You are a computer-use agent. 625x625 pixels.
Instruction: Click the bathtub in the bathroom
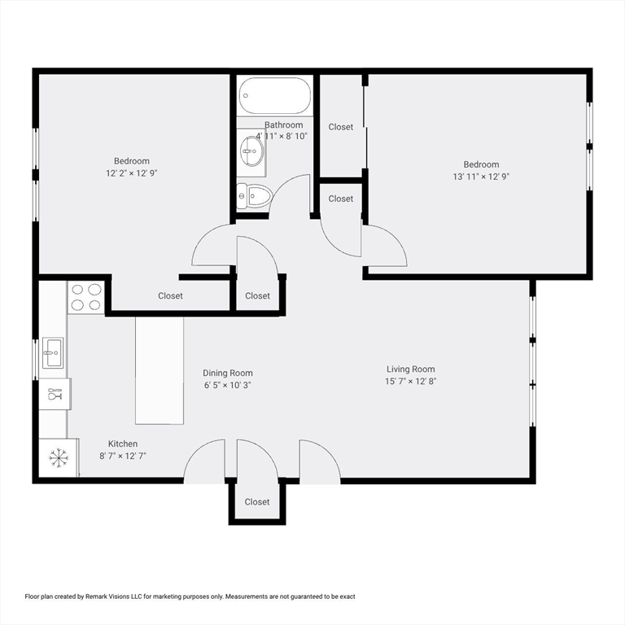(274, 96)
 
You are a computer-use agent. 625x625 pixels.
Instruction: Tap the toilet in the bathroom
(254, 196)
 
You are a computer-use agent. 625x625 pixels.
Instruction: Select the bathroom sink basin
(252, 151)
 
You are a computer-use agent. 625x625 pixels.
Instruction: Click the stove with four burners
(85, 297)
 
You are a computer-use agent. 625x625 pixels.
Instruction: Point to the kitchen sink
(53, 352)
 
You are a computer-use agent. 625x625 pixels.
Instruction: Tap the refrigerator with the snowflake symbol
(59, 457)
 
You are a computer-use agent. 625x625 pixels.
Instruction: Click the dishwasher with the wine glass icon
(55, 394)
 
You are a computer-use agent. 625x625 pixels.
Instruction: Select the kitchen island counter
(160, 370)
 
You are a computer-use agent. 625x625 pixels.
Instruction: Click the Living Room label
(410, 369)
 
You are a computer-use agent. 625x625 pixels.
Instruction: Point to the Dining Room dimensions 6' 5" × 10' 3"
(228, 385)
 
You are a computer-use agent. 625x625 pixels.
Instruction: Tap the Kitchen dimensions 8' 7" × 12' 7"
(123, 456)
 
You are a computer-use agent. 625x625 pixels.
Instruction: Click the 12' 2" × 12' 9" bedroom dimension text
(132, 173)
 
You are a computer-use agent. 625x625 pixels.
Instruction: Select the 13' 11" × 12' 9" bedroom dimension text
(481, 177)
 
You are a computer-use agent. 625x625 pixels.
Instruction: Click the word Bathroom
(283, 125)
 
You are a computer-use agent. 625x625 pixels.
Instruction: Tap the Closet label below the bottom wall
(257, 502)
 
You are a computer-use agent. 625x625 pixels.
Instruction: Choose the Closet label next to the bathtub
(341, 127)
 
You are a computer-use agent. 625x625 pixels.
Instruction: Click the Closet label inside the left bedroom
(170, 295)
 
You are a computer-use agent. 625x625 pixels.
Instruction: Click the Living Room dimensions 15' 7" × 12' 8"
(410, 381)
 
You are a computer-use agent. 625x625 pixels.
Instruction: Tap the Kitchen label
(123, 444)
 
